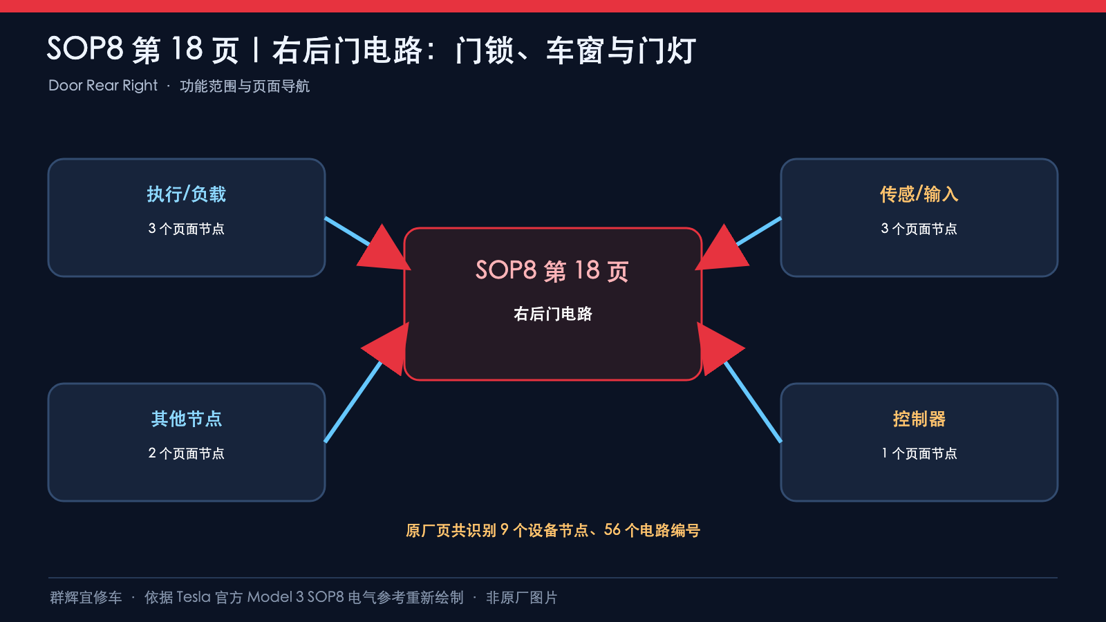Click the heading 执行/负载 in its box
[x=186, y=194]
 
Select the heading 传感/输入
[x=919, y=194]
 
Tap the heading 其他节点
[x=186, y=419]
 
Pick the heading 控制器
[x=919, y=419]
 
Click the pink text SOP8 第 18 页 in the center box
[x=552, y=271]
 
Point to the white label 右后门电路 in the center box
[x=552, y=314]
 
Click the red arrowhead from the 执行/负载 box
[x=384, y=249]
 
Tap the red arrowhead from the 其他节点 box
[x=386, y=349]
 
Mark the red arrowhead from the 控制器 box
[x=720, y=349]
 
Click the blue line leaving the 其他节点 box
[x=353, y=402]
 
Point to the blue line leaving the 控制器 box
[x=753, y=402]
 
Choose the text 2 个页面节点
[x=186, y=453]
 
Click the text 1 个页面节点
[x=919, y=453]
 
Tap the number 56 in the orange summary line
[x=612, y=530]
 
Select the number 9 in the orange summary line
[x=504, y=530]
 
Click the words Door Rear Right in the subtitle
[x=103, y=86]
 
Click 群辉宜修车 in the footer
[x=86, y=598]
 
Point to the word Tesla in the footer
[x=194, y=597]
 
